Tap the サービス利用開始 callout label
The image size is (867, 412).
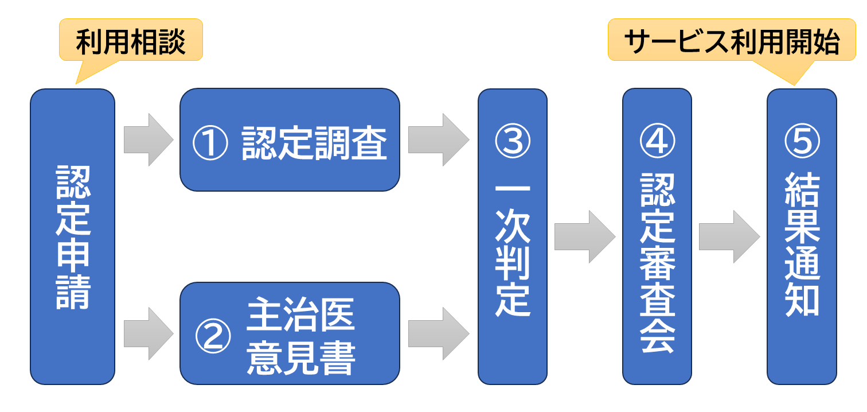pyautogui.click(x=732, y=41)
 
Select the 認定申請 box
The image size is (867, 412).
pyautogui.click(x=73, y=236)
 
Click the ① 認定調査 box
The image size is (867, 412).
pyautogui.click(x=290, y=139)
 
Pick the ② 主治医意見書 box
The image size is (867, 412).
pyautogui.click(x=290, y=333)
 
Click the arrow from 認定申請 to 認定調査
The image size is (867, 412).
pyautogui.click(x=148, y=140)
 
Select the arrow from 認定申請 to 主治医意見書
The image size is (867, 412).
pyautogui.click(x=148, y=333)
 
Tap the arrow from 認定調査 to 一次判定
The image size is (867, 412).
pyautogui.click(x=438, y=140)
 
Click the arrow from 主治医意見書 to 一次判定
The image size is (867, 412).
pyautogui.click(x=438, y=333)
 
